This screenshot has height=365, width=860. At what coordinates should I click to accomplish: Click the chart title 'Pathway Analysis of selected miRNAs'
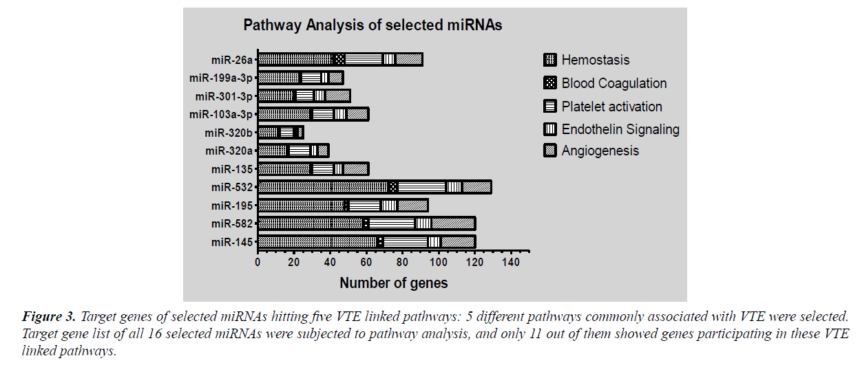pyautogui.click(x=373, y=26)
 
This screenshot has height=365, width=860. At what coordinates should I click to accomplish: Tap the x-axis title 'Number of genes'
pyautogui.click(x=393, y=283)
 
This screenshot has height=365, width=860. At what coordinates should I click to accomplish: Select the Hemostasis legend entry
pyautogui.click(x=595, y=60)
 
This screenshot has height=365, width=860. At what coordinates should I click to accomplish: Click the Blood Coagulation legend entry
pyautogui.click(x=613, y=83)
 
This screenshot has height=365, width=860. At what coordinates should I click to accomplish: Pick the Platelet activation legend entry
pyautogui.click(x=611, y=107)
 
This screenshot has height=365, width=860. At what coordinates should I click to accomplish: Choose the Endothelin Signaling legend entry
pyautogui.click(x=620, y=129)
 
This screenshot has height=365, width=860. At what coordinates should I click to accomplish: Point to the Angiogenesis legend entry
pyautogui.click(x=600, y=151)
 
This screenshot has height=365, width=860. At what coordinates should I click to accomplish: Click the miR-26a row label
pyautogui.click(x=232, y=60)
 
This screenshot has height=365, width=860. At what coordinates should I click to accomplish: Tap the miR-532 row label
pyautogui.click(x=232, y=187)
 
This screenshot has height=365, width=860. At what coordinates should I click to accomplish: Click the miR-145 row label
pyautogui.click(x=232, y=242)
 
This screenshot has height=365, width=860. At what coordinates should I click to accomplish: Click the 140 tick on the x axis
pyautogui.click(x=511, y=263)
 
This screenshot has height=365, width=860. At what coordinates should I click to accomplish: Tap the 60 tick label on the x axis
pyautogui.click(x=366, y=263)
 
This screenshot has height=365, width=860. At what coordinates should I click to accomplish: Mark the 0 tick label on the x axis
pyautogui.click(x=258, y=263)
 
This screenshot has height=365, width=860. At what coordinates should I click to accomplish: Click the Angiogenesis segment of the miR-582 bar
pyautogui.click(x=452, y=223)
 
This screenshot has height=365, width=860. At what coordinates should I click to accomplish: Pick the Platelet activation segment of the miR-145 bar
pyautogui.click(x=406, y=242)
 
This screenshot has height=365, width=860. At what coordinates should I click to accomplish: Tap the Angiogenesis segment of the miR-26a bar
pyautogui.click(x=408, y=60)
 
